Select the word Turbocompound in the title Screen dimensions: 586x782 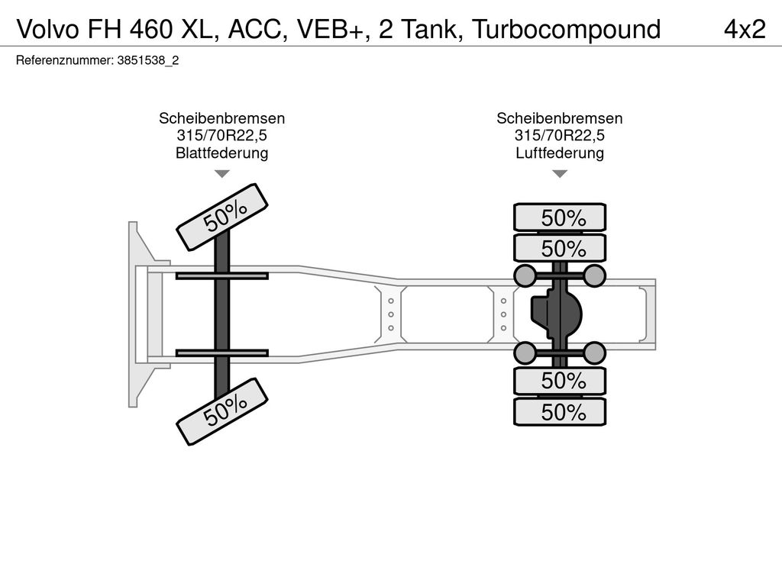point(566,29)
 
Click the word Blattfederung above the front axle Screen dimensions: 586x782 point(221,153)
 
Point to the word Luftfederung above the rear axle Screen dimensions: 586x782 point(560,153)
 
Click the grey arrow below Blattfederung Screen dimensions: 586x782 point(221,174)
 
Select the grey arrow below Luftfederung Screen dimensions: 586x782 point(560,174)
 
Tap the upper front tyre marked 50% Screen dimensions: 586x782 point(223,217)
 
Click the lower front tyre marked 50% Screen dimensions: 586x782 point(223,411)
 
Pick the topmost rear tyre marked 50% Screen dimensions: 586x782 point(560,217)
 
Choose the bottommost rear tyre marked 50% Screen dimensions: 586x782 point(560,412)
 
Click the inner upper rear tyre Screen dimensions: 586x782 point(560,248)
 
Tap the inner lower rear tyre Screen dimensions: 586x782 point(560,381)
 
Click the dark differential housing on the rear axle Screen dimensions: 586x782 point(556,313)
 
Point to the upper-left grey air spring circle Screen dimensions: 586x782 point(525,275)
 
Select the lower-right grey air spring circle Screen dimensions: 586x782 point(594,352)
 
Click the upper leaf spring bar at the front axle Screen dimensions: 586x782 point(221,275)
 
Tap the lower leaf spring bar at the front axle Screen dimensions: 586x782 point(221,353)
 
